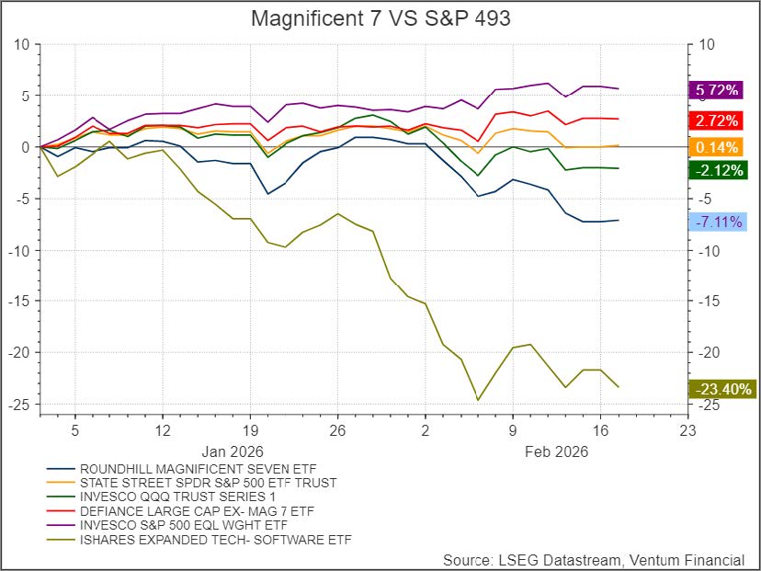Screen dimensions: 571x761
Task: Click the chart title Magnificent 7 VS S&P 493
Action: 380,18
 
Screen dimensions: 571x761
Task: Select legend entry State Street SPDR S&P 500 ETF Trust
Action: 208,482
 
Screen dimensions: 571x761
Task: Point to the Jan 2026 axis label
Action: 233,451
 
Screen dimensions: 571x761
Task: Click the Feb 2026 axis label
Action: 556,451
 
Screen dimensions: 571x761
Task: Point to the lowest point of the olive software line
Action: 478,399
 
